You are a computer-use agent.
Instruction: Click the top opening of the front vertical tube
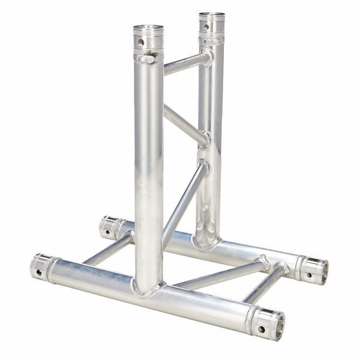coord(148,28)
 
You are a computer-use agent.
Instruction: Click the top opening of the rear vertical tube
coord(212,15)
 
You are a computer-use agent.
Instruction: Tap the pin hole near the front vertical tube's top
coord(142,43)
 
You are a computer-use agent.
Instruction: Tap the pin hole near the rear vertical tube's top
coord(206,27)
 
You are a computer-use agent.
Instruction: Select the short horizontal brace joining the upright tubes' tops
coord(186,63)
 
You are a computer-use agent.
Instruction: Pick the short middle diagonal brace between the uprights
coord(185,124)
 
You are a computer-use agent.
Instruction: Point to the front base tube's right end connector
coord(268,322)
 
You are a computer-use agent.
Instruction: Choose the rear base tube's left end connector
coord(110,227)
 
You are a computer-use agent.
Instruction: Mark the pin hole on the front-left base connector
coord(38,272)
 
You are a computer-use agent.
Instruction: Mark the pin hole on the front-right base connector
coord(263,329)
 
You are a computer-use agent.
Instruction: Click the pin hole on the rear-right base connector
coord(309,275)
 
